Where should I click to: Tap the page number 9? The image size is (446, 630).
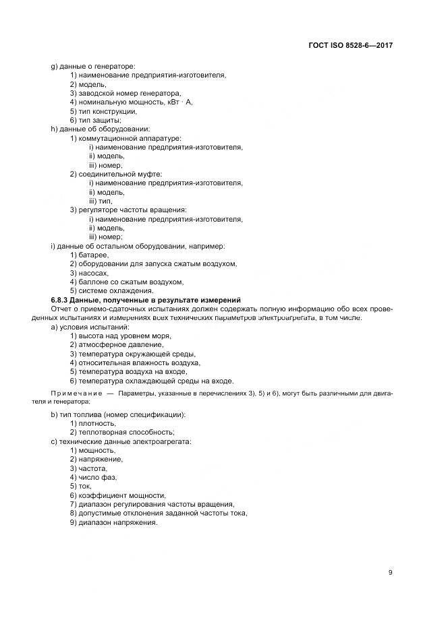click(x=390, y=573)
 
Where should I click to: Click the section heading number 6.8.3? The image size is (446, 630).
click(x=62, y=300)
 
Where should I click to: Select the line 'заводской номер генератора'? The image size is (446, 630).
click(x=126, y=93)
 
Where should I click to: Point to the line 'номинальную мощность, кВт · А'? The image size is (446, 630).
click(x=132, y=102)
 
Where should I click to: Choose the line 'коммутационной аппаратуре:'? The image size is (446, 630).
click(x=121, y=138)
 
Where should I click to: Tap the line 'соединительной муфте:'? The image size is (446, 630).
click(x=115, y=174)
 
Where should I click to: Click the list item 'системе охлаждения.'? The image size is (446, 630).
click(x=107, y=290)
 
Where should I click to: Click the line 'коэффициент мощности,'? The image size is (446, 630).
click(x=118, y=495)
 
